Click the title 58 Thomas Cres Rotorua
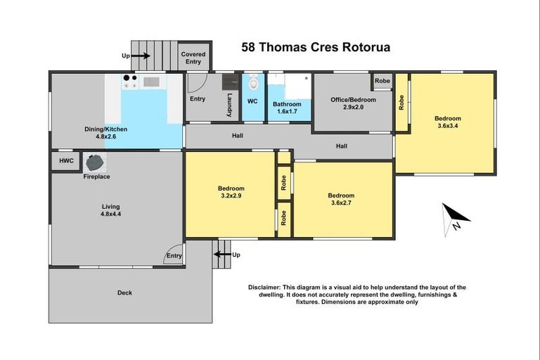(316, 48)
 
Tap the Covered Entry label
(193, 58)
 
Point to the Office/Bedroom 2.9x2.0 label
(353, 103)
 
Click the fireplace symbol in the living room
(94, 163)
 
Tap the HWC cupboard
(66, 161)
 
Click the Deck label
(124, 292)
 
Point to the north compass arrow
(454, 217)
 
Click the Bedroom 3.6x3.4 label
(449, 122)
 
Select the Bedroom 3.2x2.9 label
(231, 193)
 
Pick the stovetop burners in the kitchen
(129, 82)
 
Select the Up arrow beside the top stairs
(138, 56)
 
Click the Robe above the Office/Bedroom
(382, 82)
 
